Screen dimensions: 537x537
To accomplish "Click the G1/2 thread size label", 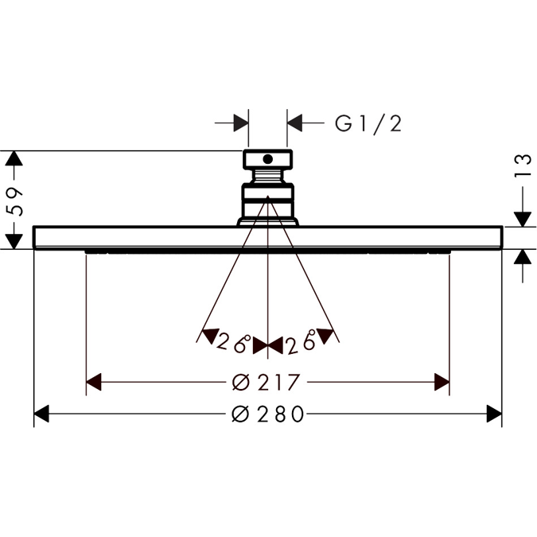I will click(x=368, y=123).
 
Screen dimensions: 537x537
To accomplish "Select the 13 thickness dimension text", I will click(x=523, y=164).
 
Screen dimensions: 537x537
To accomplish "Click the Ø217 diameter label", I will click(x=267, y=383).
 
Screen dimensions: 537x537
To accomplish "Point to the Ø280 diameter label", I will click(x=267, y=414).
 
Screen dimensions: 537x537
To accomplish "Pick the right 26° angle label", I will click(x=301, y=343).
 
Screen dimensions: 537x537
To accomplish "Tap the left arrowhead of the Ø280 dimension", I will click(x=42, y=414).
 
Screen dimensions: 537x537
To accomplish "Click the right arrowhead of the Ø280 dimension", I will click(x=493, y=414).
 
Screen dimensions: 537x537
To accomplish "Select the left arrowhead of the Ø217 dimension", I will click(x=94, y=383).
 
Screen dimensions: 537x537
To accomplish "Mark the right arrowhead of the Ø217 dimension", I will click(x=442, y=383).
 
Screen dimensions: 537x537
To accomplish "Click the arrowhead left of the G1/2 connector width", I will click(x=241, y=123).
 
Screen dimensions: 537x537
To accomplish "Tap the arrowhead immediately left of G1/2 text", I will click(x=295, y=123).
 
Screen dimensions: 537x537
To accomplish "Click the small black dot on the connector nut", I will click(x=267, y=158).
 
